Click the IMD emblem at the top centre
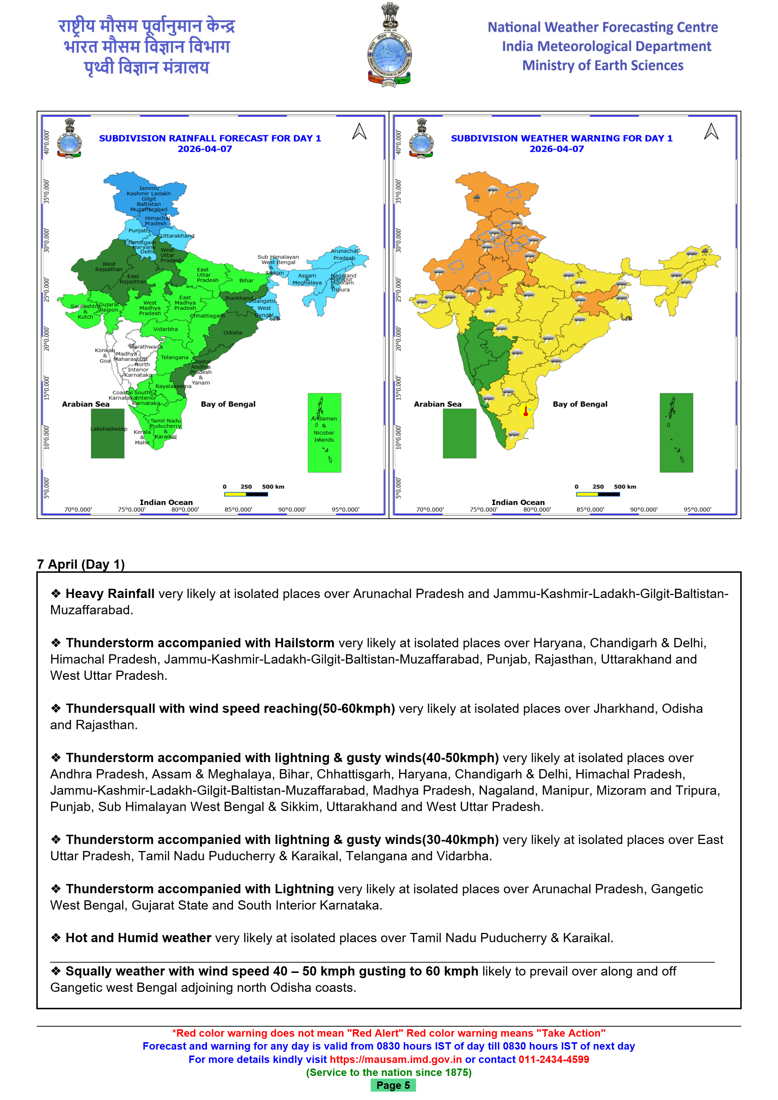click(389, 46)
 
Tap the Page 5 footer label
click(393, 1085)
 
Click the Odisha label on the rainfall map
click(233, 332)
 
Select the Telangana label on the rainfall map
click(174, 358)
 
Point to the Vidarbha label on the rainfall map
click(165, 329)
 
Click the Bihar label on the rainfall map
click(246, 281)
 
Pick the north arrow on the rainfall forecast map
click(359, 132)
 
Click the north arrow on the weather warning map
click(711, 132)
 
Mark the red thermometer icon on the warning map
click(526, 411)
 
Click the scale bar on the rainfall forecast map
click(246, 494)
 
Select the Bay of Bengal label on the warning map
click(580, 404)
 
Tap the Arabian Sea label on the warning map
click(438, 404)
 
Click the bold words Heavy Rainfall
click(110, 594)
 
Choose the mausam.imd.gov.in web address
click(396, 1059)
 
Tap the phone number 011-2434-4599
click(553, 1059)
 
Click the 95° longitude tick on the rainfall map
click(345, 510)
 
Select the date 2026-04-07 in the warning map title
click(557, 149)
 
